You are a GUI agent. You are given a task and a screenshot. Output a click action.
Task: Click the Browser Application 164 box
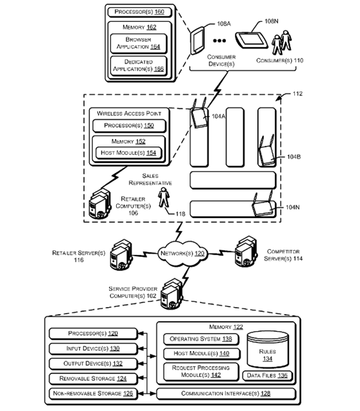pos(139,43)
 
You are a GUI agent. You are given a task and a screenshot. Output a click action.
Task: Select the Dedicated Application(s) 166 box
pos(139,66)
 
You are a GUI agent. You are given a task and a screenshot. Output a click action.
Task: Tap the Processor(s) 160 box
pos(139,12)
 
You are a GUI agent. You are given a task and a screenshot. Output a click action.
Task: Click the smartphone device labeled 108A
pos(197,41)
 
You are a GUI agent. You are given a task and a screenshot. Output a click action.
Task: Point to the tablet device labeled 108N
pos(251,40)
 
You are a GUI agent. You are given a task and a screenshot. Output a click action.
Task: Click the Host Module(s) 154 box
pos(128,153)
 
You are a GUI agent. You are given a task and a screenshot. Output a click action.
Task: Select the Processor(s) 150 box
pos(129,126)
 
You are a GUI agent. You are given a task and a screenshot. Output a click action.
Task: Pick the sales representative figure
pos(164,197)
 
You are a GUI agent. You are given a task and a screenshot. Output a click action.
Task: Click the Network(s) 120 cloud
pos(183,253)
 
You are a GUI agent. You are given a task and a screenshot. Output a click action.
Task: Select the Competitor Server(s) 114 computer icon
pos(246,252)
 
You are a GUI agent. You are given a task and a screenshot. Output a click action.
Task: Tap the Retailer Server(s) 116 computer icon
pos(121,254)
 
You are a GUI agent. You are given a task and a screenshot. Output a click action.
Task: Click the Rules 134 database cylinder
pos(268,350)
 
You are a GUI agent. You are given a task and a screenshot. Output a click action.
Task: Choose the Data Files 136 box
pos(267,376)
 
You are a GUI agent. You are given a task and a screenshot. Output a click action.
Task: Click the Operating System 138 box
pos(201,339)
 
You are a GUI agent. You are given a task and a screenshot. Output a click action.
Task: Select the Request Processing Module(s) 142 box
pos(201,372)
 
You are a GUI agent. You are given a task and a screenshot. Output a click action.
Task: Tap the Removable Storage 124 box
pos(93,379)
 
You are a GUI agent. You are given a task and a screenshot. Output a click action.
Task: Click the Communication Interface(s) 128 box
pos(226,394)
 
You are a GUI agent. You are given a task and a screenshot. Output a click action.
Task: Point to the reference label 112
pos(297,94)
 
